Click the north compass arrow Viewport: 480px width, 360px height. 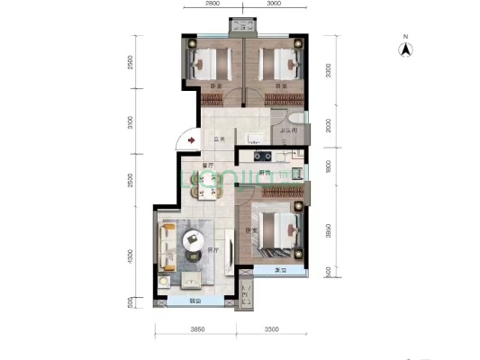[406, 49]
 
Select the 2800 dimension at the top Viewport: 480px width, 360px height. [212, 4]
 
